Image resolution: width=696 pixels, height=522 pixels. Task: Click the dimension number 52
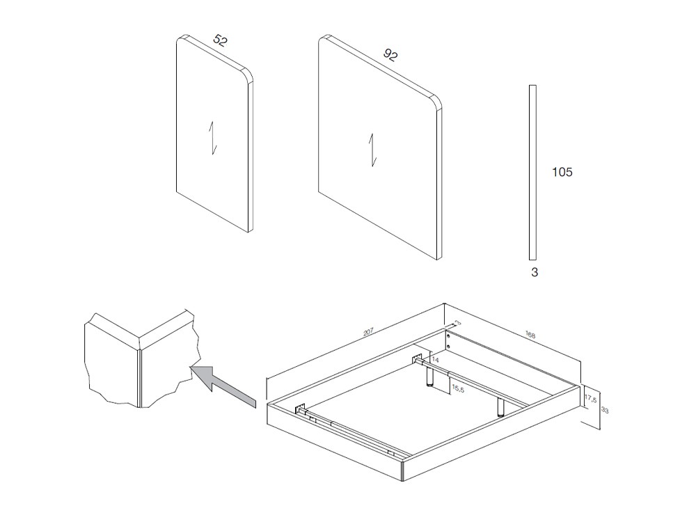(220, 40)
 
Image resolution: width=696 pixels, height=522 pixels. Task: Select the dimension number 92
(390, 55)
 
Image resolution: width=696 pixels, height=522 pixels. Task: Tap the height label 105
(562, 172)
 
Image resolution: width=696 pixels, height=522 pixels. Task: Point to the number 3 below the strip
(535, 273)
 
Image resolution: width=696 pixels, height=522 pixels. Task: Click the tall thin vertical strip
(532, 171)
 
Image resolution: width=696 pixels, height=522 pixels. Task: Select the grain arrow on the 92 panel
(372, 150)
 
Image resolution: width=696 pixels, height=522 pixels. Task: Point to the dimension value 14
(435, 359)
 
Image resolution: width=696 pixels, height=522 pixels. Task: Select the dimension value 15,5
(457, 388)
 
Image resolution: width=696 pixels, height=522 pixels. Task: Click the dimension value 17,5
(590, 400)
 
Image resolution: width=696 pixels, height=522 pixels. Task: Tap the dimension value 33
(604, 411)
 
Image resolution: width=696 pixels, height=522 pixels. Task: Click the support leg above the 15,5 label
(430, 377)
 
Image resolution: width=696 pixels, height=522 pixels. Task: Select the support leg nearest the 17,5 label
(500, 407)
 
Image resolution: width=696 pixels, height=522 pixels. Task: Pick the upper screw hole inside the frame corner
(449, 335)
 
